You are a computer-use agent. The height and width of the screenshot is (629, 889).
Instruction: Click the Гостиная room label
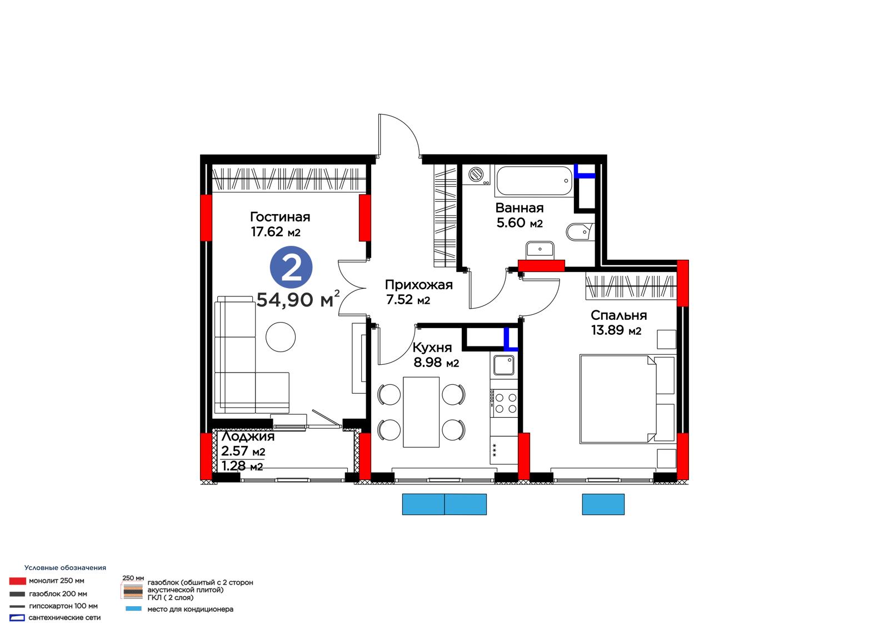tap(280, 217)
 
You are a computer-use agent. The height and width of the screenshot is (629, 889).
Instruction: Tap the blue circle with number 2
tap(291, 268)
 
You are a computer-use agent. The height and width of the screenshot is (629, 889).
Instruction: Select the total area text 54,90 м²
tap(298, 299)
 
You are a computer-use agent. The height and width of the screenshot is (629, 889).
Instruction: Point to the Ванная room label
tap(520, 208)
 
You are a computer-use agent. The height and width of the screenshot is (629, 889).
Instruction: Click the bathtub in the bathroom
tap(534, 181)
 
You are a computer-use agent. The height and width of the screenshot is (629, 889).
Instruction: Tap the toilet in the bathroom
tap(580, 232)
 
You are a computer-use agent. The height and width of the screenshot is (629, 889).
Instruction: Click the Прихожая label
tap(419, 285)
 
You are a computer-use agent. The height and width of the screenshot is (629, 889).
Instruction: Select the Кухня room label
tap(432, 348)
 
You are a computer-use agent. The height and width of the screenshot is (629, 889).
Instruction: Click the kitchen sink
tap(503, 365)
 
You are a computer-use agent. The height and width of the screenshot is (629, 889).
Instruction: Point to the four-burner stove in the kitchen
tap(504, 403)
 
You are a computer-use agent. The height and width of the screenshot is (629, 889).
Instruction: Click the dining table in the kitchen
tap(421, 412)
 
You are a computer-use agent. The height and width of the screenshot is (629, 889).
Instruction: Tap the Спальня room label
tap(619, 315)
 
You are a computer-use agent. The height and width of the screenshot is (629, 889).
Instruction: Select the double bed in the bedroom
tap(627, 399)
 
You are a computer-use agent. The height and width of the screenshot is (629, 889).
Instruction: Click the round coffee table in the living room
tap(281, 337)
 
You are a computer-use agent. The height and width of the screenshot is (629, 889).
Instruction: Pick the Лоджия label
tap(248, 436)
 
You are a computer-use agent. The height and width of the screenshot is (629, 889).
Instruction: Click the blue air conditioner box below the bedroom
tap(603, 504)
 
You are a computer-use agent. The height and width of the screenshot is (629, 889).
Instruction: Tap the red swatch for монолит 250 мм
tap(17, 581)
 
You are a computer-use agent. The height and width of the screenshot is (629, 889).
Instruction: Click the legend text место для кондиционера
tap(190, 609)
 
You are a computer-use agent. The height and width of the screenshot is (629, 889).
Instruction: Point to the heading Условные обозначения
tap(65, 568)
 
